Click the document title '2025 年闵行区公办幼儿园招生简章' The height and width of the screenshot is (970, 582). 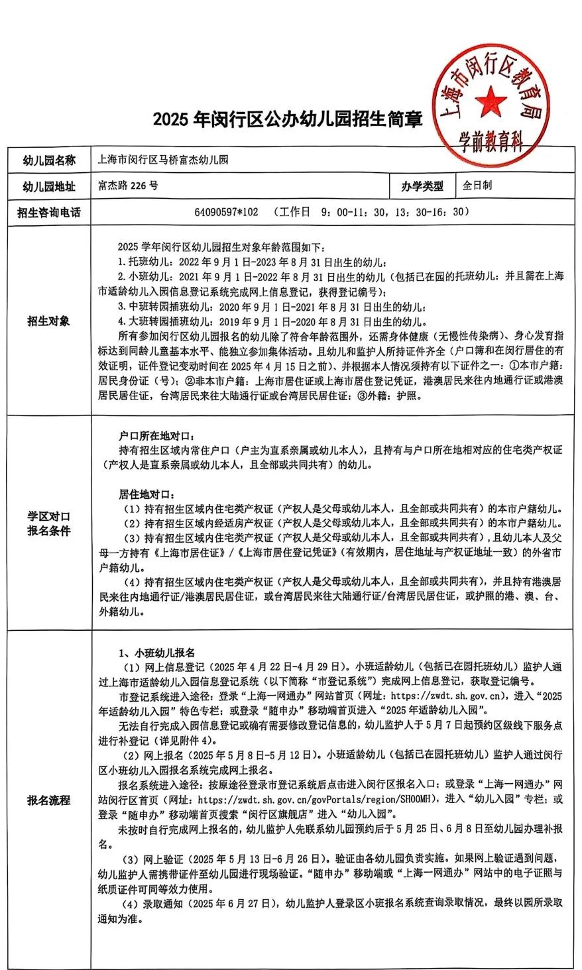[x=288, y=119]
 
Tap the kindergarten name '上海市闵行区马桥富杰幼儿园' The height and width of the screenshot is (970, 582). [x=163, y=160]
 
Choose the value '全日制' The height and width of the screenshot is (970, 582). [x=477, y=186]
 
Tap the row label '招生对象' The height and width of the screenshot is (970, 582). [x=48, y=321]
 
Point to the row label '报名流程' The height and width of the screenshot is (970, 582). [x=48, y=800]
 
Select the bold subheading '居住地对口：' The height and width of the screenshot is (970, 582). [x=149, y=495]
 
